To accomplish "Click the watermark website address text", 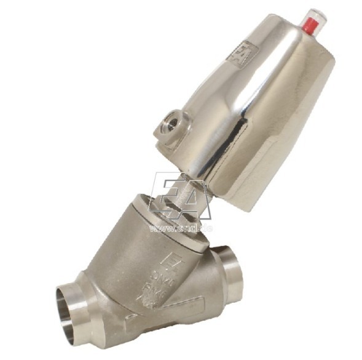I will click(181, 229).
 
